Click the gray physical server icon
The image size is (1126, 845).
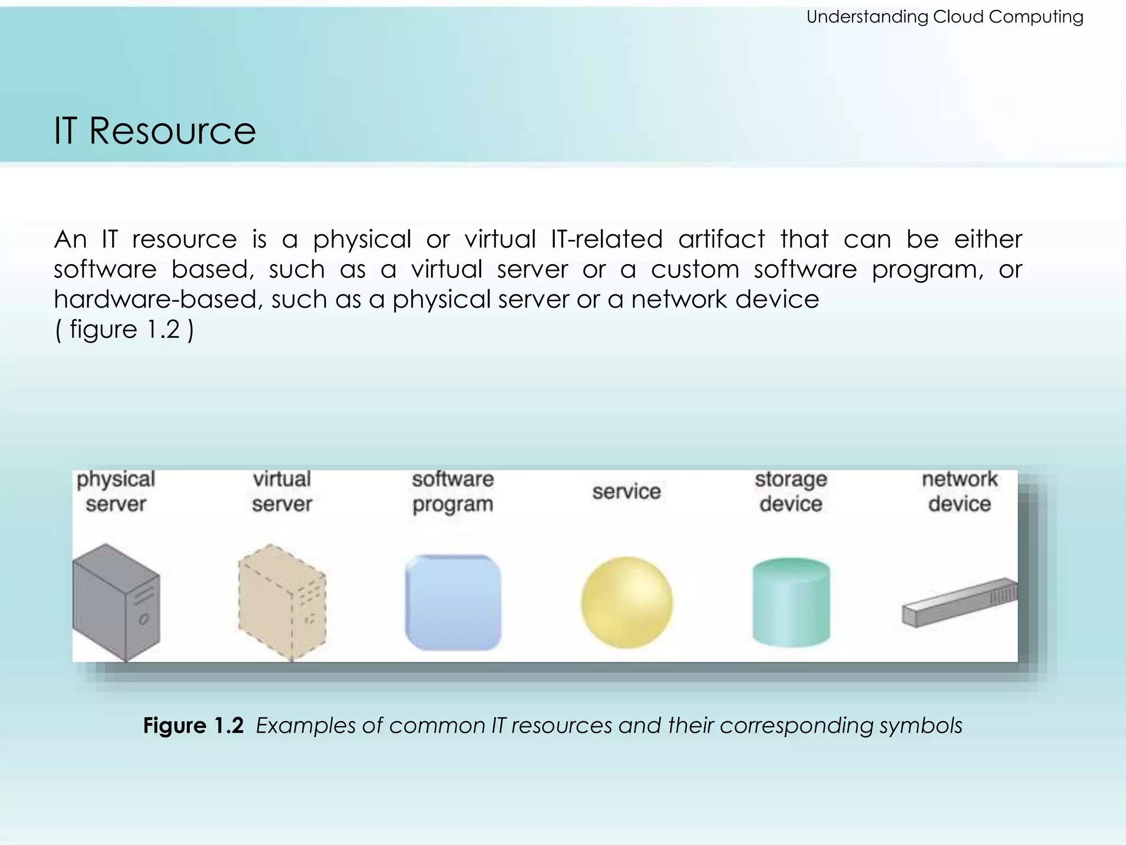pyautogui.click(x=115, y=602)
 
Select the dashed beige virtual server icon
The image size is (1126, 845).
pyautogui.click(x=281, y=602)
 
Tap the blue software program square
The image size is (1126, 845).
pyautogui.click(x=453, y=602)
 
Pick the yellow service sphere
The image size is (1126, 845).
pyautogui.click(x=626, y=602)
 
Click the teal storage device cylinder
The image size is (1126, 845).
pyautogui.click(x=791, y=602)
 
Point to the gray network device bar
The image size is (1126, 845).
pyautogui.click(x=959, y=603)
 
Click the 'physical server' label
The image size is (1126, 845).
pyautogui.click(x=115, y=491)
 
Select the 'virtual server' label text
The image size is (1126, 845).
pyautogui.click(x=281, y=491)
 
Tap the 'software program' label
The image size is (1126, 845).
pyautogui.click(x=453, y=491)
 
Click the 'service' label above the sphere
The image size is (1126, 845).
pyautogui.click(x=626, y=491)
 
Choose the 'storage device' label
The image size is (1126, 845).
pyautogui.click(x=791, y=491)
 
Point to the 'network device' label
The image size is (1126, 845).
pyautogui.click(x=959, y=491)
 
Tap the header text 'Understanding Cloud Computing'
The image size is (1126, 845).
pyautogui.click(x=944, y=17)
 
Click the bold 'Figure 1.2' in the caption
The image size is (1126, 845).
pyautogui.click(x=193, y=726)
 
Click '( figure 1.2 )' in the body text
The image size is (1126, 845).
pyautogui.click(x=124, y=330)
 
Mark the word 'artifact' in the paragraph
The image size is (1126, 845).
pyautogui.click(x=721, y=239)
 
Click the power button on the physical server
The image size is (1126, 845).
pyautogui.click(x=143, y=619)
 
